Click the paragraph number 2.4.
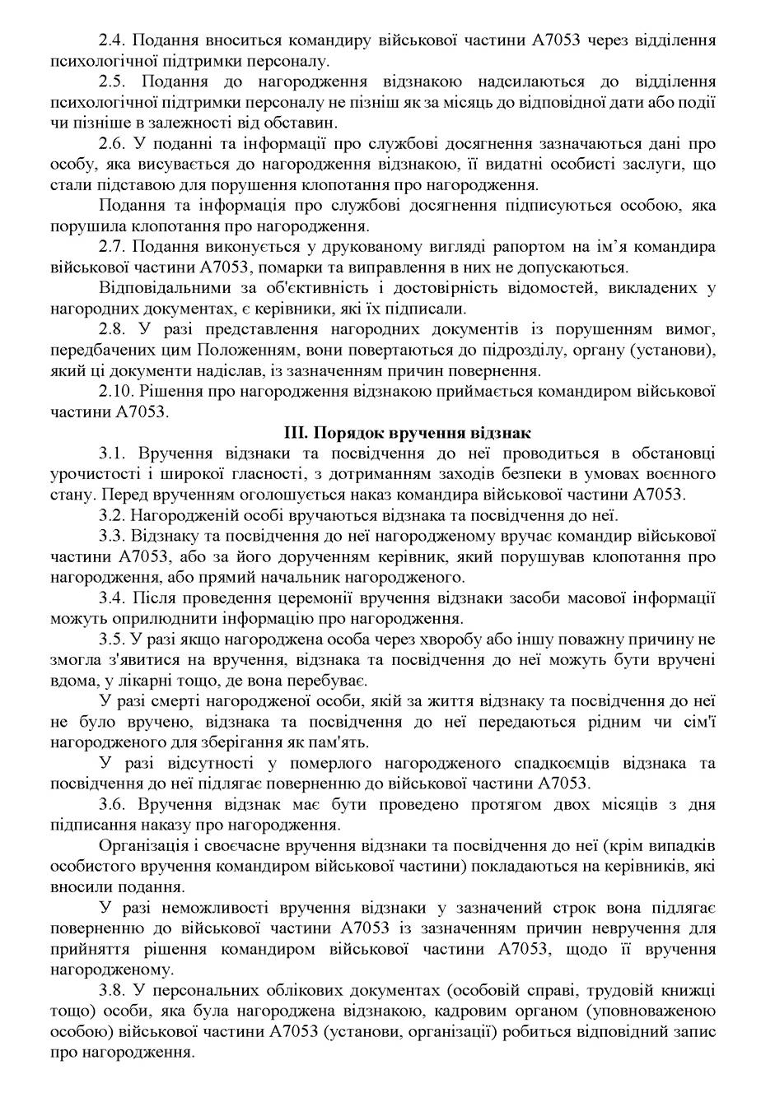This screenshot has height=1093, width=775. click(x=112, y=39)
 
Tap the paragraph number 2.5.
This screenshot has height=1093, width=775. click(x=112, y=81)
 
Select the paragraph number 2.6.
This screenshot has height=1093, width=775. click(x=112, y=144)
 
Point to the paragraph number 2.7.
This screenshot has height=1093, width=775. click(x=112, y=247)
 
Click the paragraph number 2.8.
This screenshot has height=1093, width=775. click(x=112, y=330)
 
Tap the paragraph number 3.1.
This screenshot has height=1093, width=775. click(x=112, y=453)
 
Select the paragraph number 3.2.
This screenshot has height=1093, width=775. click(x=112, y=516)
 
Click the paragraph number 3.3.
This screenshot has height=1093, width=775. click(x=112, y=537)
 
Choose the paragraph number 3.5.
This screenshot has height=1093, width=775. click(x=112, y=640)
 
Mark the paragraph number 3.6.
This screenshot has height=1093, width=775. click(x=112, y=804)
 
